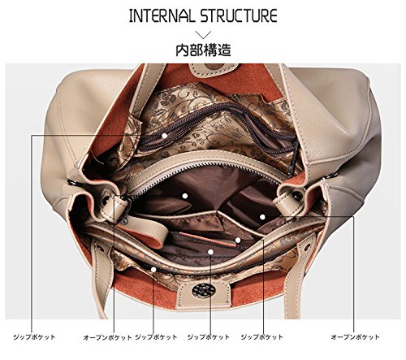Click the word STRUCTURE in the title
240,15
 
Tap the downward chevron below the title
203,35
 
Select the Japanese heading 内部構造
203,50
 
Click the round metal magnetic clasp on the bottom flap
204,290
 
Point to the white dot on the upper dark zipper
164,136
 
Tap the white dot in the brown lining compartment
185,196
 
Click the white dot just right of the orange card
238,240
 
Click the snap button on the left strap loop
106,200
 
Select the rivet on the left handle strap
100,248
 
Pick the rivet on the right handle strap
307,247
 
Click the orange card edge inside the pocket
207,239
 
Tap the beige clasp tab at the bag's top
214,69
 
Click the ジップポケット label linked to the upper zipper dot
34,337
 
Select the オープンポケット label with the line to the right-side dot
355,337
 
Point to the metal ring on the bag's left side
71,183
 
